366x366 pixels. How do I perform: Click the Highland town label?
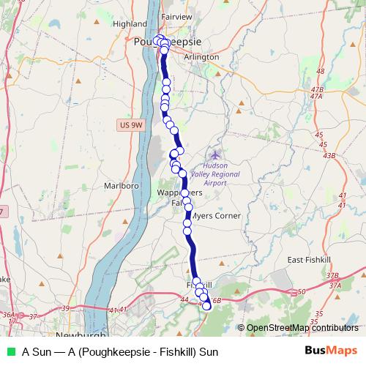[x=130, y=24]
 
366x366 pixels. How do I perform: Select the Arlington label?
[x=202, y=57]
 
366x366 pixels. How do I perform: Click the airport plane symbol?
[x=215, y=154]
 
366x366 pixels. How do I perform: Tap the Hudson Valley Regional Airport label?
[x=214, y=175]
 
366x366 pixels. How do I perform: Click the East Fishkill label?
[x=310, y=260]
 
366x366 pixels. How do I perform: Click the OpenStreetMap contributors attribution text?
[x=302, y=328]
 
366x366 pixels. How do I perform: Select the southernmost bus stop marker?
[x=206, y=307]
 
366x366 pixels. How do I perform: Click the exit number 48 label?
[x=319, y=71]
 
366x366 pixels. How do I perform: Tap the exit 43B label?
[x=329, y=155]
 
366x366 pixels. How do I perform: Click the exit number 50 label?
[x=302, y=292]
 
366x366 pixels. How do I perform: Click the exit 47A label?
[x=316, y=96]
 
